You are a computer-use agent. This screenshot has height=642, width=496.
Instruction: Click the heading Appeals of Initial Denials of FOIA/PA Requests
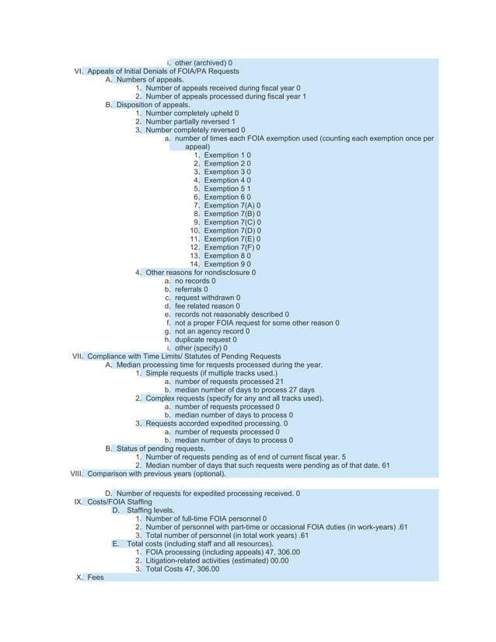click(163, 71)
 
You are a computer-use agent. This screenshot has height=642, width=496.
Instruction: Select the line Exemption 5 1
click(227, 189)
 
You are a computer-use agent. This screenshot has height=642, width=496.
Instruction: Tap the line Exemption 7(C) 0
click(232, 222)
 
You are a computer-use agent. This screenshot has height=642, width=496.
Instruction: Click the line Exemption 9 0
click(227, 264)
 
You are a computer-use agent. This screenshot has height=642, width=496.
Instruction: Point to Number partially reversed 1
click(190, 121)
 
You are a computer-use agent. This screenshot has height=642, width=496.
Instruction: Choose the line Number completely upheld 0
click(192, 113)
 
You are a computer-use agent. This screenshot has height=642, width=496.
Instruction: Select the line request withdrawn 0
click(207, 298)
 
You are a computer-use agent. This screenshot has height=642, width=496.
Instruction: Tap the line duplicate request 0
click(206, 340)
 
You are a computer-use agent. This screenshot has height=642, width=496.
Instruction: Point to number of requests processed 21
click(229, 382)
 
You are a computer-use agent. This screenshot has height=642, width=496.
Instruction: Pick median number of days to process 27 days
click(244, 390)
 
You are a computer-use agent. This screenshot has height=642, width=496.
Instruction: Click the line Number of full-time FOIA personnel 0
click(206, 518)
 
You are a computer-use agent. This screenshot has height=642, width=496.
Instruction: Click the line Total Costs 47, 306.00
click(182, 569)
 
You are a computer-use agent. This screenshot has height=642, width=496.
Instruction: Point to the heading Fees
click(95, 577)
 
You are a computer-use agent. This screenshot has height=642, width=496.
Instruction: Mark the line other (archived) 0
click(203, 62)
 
